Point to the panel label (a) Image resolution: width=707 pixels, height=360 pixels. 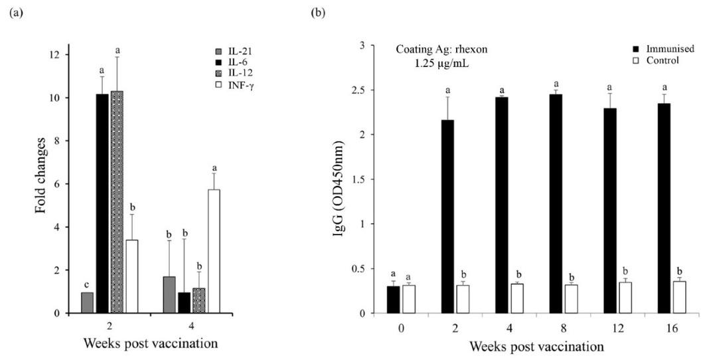(12, 13)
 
